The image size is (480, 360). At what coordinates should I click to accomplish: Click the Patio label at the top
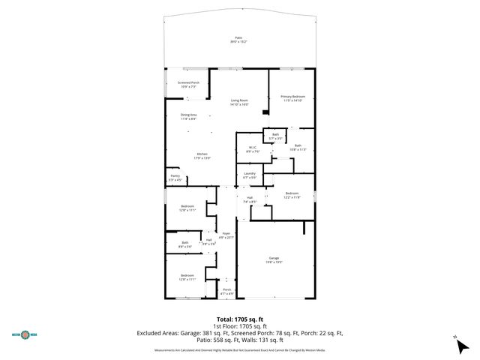pos(238,39)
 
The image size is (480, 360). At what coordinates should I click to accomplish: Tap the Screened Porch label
pos(188,85)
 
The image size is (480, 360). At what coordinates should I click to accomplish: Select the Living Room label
pos(239,102)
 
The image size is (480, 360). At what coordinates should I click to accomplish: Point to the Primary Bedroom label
pos(292,98)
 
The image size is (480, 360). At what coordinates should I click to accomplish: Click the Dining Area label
pos(188,116)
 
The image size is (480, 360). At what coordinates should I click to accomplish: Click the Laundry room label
pos(250,175)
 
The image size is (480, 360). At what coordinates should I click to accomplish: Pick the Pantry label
pos(174,178)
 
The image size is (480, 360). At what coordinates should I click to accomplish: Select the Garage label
pos(274,259)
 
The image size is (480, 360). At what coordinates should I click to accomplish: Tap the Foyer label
pos(226,235)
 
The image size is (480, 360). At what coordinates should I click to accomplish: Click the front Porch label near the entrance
pos(226,290)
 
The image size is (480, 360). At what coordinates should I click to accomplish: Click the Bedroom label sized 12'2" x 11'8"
pos(292,195)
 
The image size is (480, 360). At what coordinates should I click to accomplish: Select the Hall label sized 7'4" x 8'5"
pos(250,199)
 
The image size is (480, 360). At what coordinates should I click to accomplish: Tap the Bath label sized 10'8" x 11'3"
pos(298,148)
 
